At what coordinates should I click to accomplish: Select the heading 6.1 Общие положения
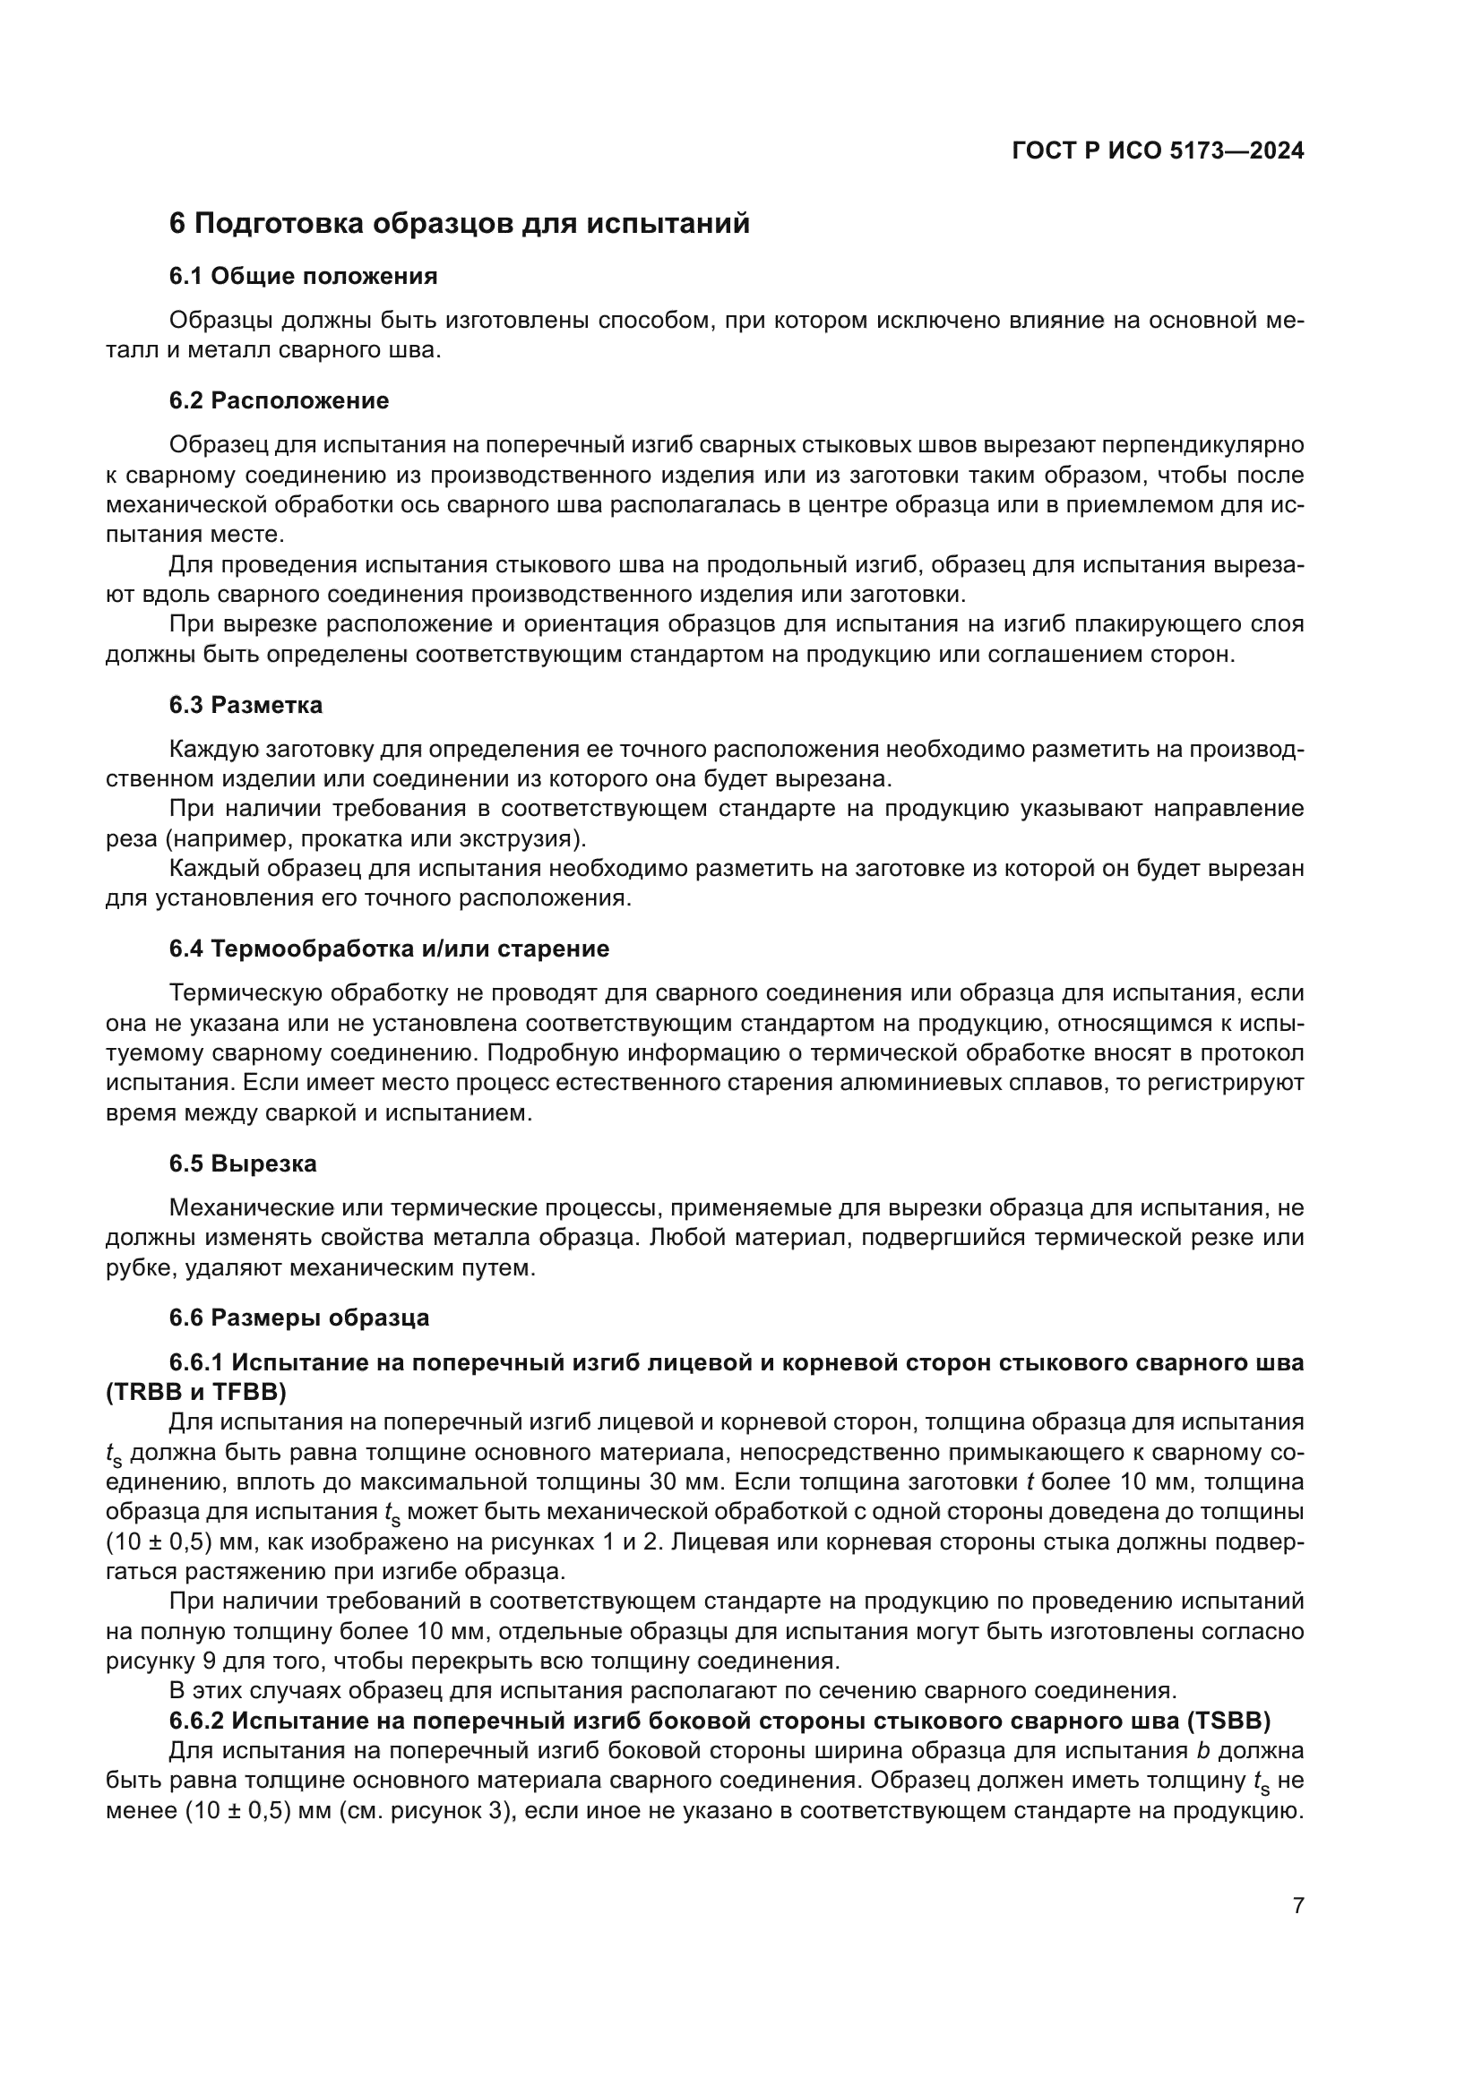(303, 277)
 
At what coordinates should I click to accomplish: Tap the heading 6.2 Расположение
(279, 400)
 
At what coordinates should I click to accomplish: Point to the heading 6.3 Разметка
(246, 704)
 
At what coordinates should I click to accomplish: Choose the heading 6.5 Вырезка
(243, 1163)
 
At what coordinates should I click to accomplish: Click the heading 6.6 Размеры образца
(298, 1318)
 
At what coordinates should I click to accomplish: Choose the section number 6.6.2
(196, 1722)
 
